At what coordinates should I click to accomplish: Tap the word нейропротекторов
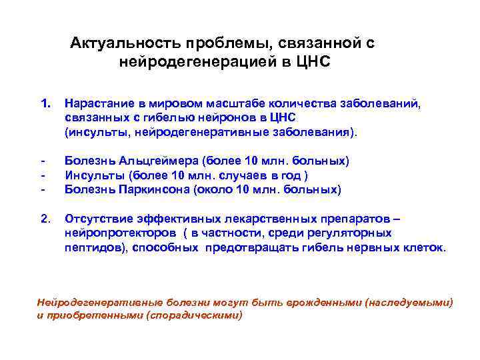coord(117,233)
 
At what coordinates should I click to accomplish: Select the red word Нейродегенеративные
coord(91,302)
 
